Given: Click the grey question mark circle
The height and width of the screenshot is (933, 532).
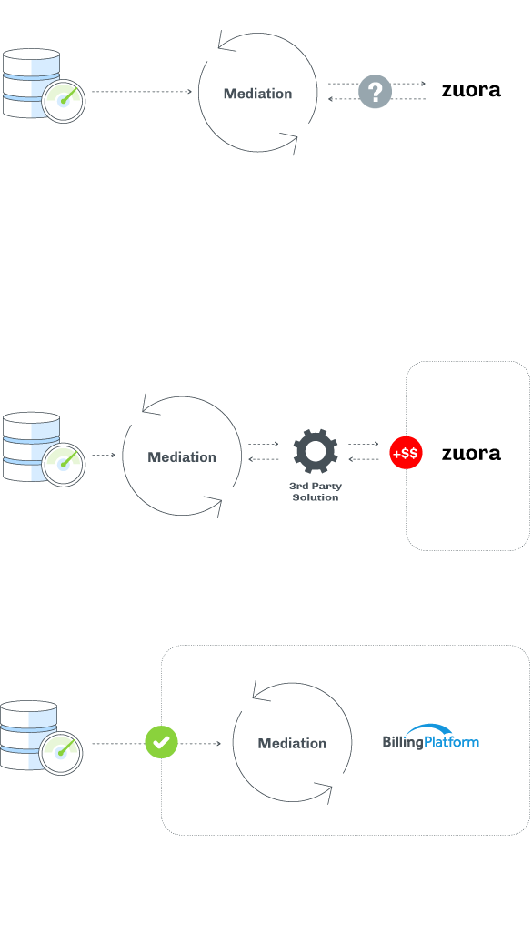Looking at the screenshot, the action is [375, 92].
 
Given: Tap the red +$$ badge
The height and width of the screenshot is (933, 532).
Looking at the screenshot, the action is [406, 453].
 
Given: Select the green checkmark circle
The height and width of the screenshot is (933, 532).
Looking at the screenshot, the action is [161, 742].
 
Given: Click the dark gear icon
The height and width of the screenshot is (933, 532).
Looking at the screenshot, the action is [316, 452].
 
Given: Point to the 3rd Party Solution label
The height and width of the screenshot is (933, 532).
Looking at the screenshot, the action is [316, 491].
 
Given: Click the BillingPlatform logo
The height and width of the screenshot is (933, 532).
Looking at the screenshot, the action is [431, 737].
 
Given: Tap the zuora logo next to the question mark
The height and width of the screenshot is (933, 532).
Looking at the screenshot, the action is [471, 90].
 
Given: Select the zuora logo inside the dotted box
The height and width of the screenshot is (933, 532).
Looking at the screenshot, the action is [471, 454].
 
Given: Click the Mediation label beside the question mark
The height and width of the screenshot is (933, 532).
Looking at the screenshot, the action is [257, 94].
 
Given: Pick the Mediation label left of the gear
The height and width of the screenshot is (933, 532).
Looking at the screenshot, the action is [182, 457].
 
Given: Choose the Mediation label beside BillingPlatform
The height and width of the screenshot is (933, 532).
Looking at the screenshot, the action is [292, 743].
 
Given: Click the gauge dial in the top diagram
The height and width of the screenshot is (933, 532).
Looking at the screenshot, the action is [63, 101].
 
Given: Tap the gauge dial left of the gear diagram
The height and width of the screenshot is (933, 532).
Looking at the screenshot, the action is [63, 465].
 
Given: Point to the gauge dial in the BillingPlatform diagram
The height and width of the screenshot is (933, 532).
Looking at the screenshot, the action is [61, 753].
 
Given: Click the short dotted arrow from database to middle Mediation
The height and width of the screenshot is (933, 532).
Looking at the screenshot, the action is [105, 456].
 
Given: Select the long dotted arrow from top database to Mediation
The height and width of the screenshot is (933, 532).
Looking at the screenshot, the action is [142, 92].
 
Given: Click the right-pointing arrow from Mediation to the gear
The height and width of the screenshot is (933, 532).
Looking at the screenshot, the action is [264, 444].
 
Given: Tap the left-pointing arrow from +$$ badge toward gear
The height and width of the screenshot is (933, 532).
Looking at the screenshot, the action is [364, 459].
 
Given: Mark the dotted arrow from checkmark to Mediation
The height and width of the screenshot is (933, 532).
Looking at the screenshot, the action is [200, 743].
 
